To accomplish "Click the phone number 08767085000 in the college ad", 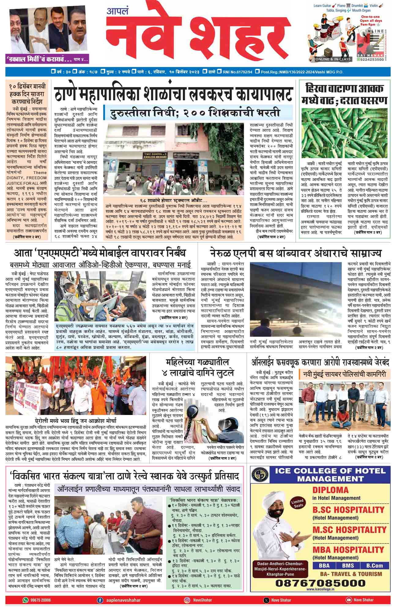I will coord(321,583).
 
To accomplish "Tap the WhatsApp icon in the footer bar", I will coord(26,600).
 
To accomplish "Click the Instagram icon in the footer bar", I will coord(187,600).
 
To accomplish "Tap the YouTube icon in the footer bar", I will coord(348,600).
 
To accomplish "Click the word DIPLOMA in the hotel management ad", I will coord(330,490).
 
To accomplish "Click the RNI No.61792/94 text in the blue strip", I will coord(239,72).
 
